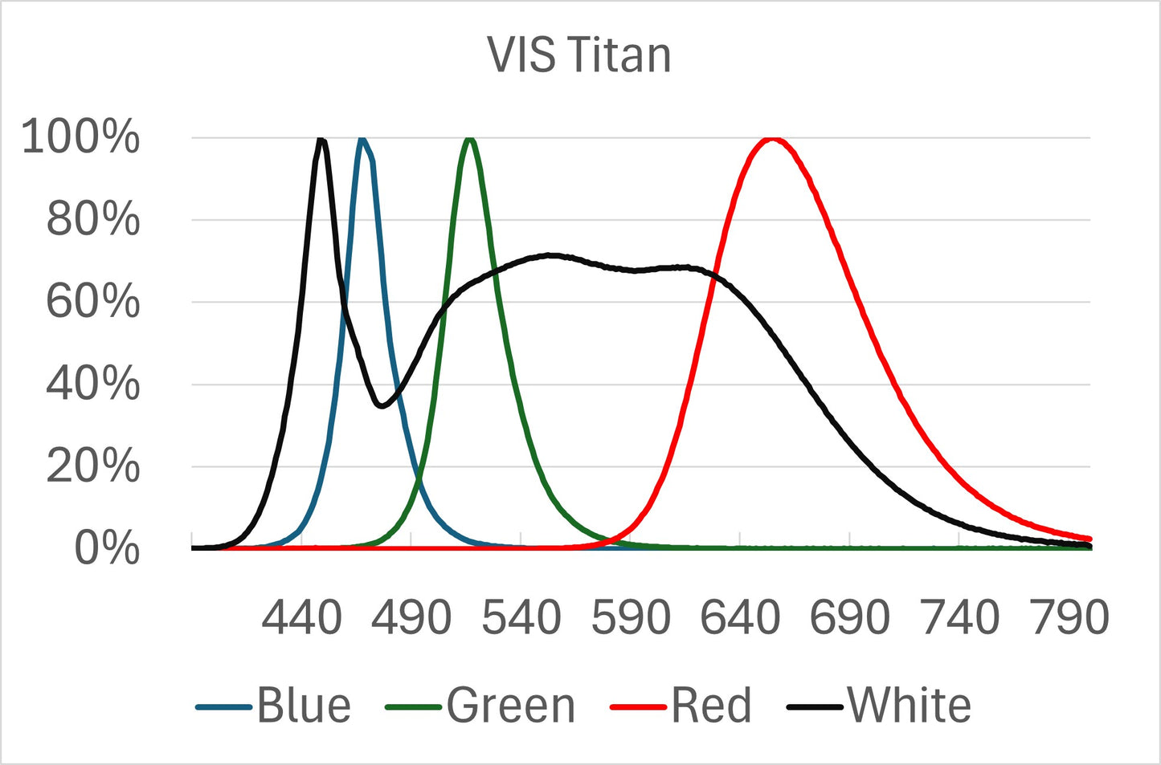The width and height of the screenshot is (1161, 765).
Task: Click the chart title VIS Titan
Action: [579, 55]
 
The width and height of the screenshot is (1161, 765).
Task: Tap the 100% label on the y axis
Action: [80, 136]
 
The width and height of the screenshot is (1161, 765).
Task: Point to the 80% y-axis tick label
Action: [92, 219]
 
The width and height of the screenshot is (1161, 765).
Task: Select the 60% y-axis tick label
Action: [92, 302]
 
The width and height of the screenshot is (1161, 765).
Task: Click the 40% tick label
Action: [92, 384]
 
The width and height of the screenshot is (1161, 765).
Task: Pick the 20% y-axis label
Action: [92, 466]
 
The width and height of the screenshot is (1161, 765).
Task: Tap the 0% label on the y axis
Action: [106, 549]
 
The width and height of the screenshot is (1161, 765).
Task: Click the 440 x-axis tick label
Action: [302, 618]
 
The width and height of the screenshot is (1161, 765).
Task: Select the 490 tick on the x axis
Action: [411, 618]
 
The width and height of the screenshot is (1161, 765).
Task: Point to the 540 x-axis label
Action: [521, 618]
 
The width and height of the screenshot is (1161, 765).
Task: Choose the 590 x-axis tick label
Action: [631, 618]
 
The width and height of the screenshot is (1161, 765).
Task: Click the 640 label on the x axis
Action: [740, 618]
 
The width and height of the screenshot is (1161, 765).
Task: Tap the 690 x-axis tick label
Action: [849, 618]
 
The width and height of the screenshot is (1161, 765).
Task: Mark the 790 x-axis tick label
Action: [1069, 618]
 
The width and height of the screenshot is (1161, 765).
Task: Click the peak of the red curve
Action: [772, 140]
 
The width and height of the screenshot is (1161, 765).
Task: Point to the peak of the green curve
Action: [470, 140]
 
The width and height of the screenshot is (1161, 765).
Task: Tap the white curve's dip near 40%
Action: [382, 405]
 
